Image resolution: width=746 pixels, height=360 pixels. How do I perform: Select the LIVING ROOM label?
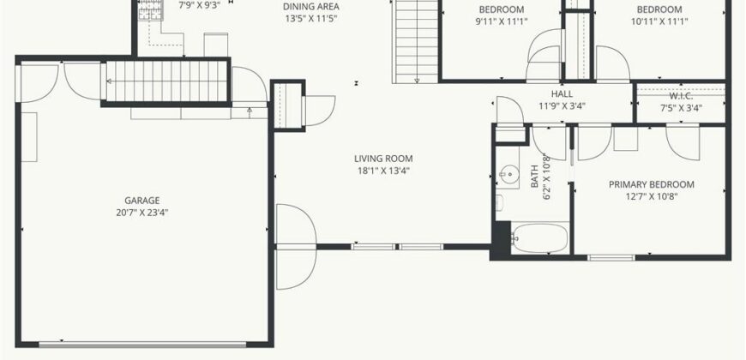point(383,159)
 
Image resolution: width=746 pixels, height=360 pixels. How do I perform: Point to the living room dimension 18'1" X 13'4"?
point(383,170)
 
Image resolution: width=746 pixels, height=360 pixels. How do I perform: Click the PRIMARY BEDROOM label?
point(651,184)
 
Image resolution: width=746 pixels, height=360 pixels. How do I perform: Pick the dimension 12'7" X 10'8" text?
point(651,196)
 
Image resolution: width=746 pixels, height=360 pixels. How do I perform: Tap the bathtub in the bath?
point(540,237)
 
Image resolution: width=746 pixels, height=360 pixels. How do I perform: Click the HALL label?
point(563,94)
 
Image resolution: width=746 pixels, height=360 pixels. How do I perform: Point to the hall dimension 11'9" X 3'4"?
point(563,106)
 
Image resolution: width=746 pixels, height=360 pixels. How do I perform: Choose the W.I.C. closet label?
point(681,96)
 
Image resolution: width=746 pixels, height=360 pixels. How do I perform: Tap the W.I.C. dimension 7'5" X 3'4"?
point(681,108)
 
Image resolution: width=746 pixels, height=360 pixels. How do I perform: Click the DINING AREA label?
point(311,6)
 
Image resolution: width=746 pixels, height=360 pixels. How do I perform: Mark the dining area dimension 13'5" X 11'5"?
point(311,17)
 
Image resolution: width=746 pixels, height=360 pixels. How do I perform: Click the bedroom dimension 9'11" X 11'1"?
point(501,22)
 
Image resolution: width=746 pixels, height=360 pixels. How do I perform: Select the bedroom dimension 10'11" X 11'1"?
point(659,22)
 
